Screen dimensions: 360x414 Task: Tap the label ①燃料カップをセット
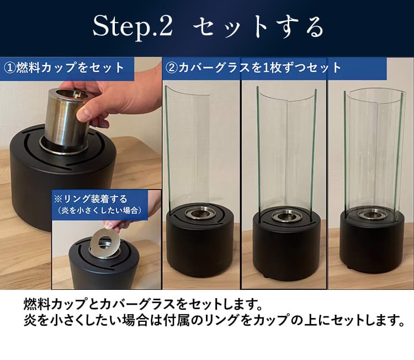click(x=65, y=68)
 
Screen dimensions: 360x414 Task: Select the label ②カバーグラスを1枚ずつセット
click(x=253, y=68)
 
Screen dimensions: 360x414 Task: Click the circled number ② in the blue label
click(x=171, y=68)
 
